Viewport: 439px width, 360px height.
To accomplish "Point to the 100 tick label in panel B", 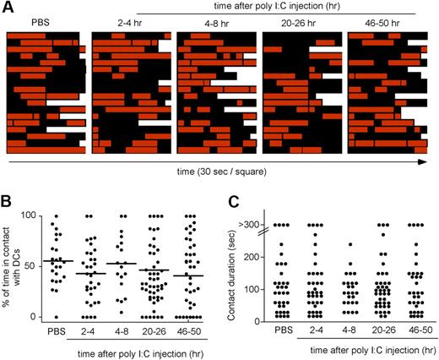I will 33,216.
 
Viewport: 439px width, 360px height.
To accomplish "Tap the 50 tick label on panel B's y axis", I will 35,266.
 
